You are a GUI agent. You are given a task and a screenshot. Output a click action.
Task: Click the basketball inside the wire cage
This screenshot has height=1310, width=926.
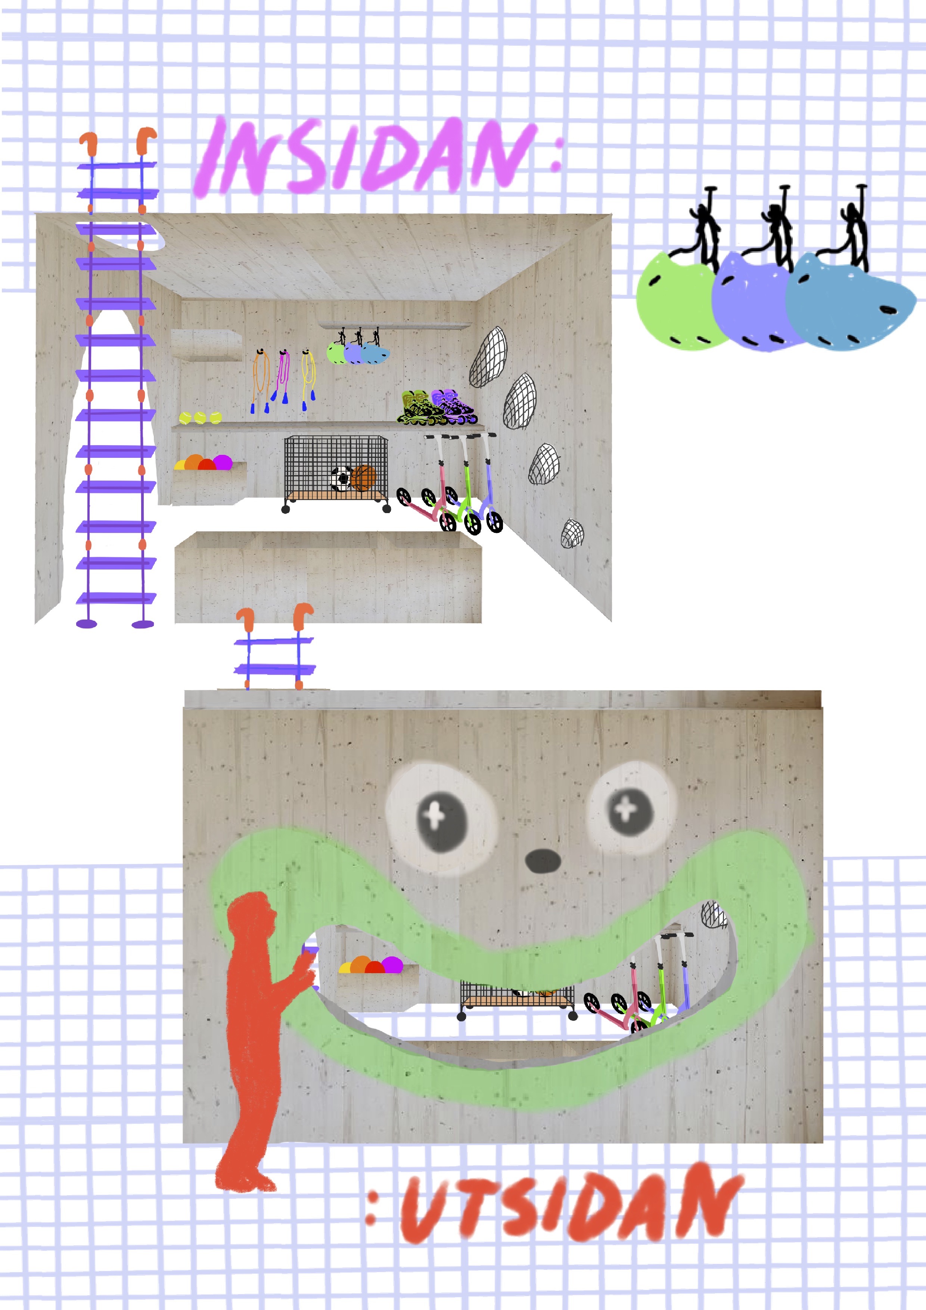pyautogui.click(x=363, y=478)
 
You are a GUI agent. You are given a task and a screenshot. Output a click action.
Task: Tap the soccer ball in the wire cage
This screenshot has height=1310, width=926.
pyautogui.click(x=342, y=479)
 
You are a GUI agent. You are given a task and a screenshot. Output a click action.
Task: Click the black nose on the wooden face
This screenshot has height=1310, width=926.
pyautogui.click(x=543, y=860)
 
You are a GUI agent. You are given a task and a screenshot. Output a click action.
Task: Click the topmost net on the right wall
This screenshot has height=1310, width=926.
pyautogui.click(x=489, y=357)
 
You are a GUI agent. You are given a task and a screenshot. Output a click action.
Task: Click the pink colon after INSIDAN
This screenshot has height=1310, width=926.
pyautogui.click(x=556, y=155)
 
